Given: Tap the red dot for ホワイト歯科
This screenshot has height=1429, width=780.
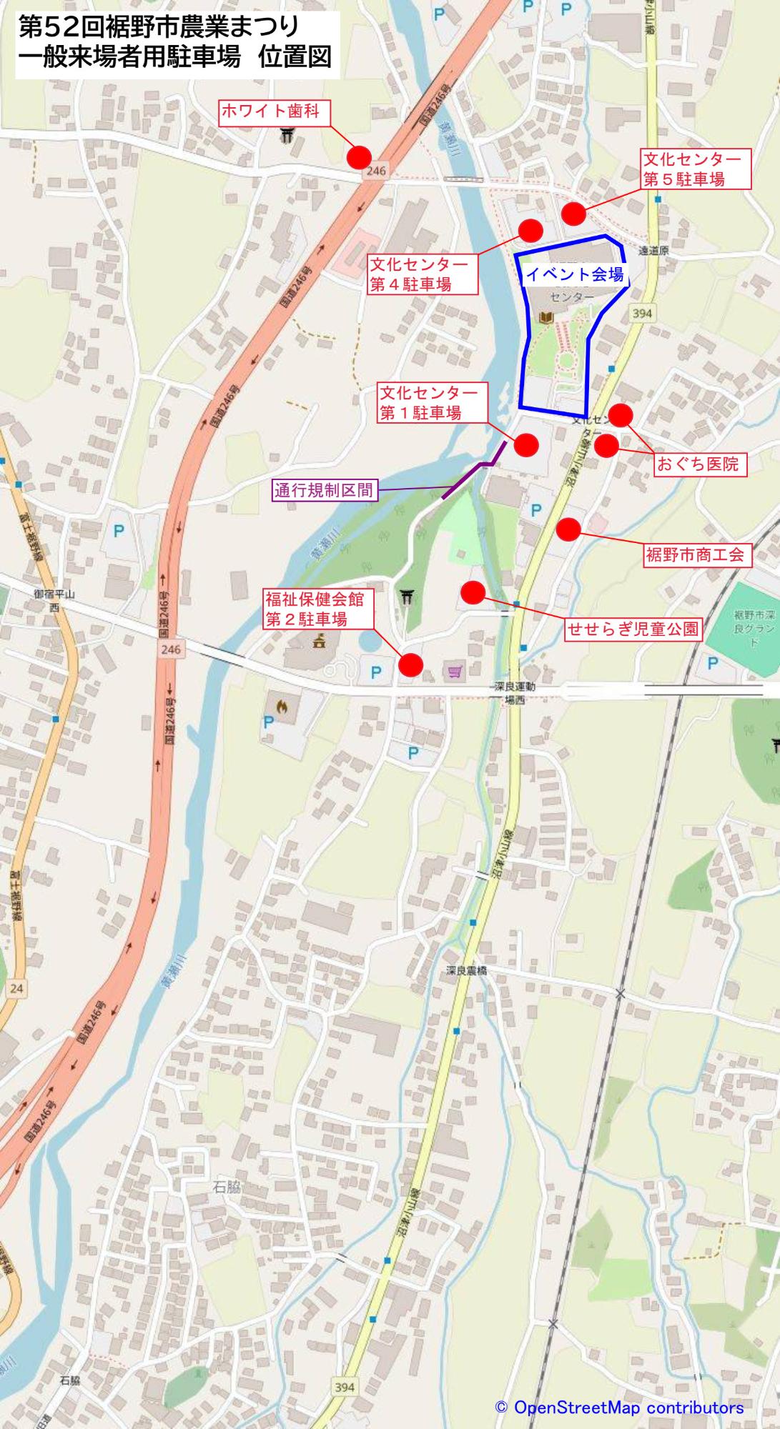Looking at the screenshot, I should coord(359,157).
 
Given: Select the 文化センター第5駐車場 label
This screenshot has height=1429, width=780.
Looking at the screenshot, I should coord(696,169).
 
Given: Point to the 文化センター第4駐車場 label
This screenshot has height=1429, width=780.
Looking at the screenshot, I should coord(422,274).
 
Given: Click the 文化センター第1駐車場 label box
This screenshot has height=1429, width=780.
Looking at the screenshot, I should coord(432,403).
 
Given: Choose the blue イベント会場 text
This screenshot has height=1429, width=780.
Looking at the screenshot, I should coord(575,274).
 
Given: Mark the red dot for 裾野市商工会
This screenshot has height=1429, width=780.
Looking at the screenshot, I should coord(568,529).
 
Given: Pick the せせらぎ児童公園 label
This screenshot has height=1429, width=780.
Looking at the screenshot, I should coord(633,629).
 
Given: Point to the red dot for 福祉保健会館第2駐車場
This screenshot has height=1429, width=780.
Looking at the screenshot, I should coord(410,664).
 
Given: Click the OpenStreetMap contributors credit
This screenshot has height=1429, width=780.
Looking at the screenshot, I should coord(620,1408).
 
